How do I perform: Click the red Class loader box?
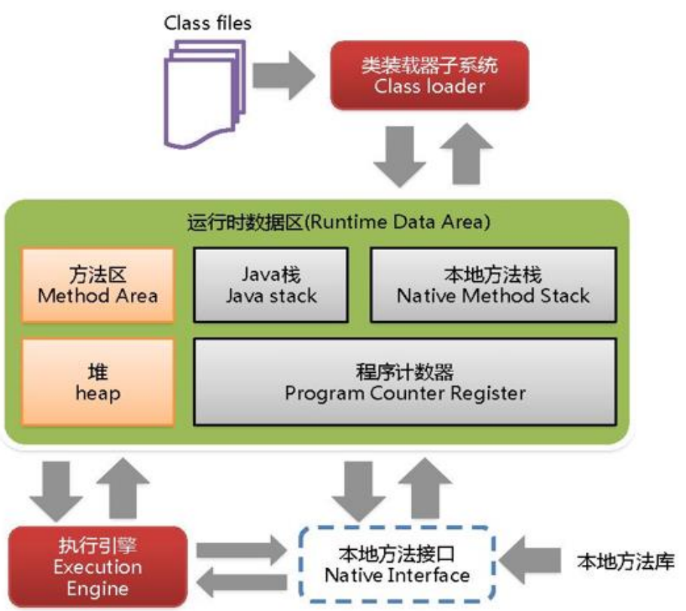430,75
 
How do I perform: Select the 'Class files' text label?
208,23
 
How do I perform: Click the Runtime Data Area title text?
338,223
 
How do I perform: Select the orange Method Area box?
98,284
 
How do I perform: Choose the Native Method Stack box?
493,284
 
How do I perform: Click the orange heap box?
98,381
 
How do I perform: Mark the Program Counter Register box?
405,381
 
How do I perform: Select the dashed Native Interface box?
397,565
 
